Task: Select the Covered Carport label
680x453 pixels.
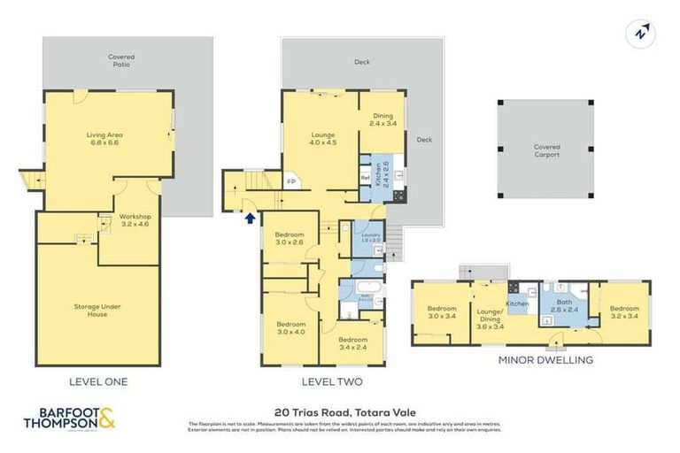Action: [x=545, y=150]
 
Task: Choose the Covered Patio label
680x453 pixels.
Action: [x=121, y=60]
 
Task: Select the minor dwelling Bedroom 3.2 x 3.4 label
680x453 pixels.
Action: [x=623, y=312]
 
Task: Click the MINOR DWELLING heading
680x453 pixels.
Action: [x=545, y=360]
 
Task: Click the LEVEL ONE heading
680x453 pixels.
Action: [x=98, y=382]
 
